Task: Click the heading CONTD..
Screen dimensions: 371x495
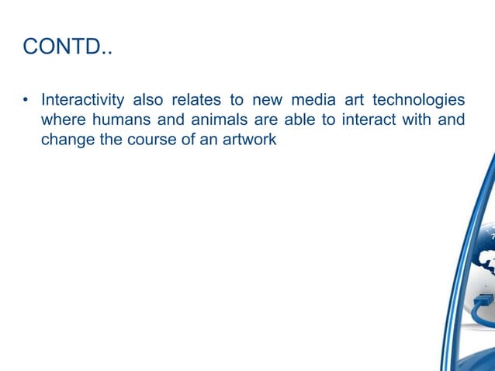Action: [x=67, y=47]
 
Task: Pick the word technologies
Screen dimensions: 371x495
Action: [x=418, y=101]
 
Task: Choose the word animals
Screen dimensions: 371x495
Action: [x=220, y=121]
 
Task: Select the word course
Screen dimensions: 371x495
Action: [x=161, y=141]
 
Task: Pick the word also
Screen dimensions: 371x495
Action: [x=154, y=101]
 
